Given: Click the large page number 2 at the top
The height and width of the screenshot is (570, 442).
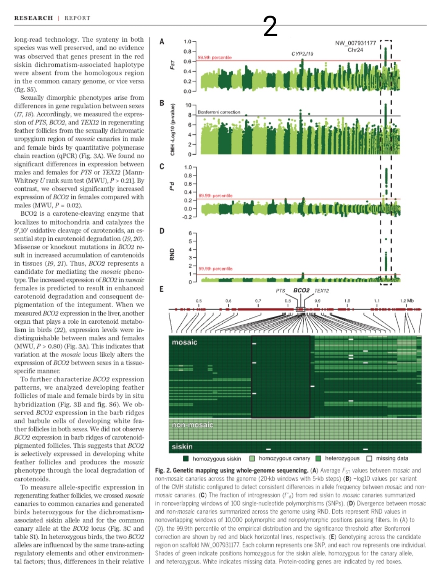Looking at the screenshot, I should point(270,27).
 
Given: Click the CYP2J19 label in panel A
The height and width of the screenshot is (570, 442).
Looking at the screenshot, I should point(302,54).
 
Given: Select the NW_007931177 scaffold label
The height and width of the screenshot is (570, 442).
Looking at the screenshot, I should point(355,43).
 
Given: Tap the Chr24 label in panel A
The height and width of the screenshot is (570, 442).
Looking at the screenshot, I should point(355,50).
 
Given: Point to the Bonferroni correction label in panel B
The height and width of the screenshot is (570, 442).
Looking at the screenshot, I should point(219,112).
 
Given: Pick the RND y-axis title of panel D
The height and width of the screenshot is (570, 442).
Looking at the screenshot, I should point(172,255).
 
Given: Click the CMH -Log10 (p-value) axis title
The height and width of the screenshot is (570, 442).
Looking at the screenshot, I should point(172,130).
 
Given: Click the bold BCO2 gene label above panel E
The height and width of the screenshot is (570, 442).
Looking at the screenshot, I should point(301,290).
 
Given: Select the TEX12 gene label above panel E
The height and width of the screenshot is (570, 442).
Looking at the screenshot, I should point(322,291).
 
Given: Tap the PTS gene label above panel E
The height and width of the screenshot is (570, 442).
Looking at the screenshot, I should point(280,291).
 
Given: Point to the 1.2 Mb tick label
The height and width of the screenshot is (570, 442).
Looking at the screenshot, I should point(407,301).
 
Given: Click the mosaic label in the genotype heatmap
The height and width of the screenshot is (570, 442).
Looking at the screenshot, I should point(185,342).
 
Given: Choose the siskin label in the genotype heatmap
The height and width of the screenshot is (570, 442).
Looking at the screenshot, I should point(182,446).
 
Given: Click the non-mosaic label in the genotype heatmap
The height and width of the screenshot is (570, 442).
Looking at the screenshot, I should point(192,425).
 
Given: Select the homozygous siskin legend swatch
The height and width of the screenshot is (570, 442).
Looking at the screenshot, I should point(186,458).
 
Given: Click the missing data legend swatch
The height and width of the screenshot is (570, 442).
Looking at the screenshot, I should point(369,458).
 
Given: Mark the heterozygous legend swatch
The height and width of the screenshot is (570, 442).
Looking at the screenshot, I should point(318,458).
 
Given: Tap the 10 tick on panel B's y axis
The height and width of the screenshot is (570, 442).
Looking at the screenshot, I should point(188,105).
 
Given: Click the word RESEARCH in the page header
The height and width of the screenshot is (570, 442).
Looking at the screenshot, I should point(34,18).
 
